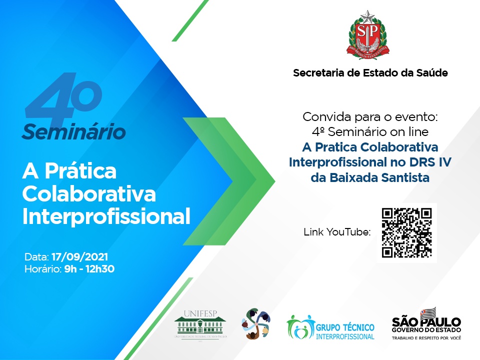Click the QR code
click(x=406, y=232)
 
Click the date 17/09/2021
click(x=78, y=258)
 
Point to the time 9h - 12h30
click(x=86, y=269)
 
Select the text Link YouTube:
click(x=337, y=232)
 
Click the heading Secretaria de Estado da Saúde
click(x=370, y=73)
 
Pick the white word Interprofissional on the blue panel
click(x=106, y=216)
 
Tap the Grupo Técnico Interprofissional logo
click(x=330, y=327)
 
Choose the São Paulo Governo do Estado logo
click(x=426, y=322)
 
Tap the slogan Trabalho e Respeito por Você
click(x=426, y=338)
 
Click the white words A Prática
click(x=69, y=171)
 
